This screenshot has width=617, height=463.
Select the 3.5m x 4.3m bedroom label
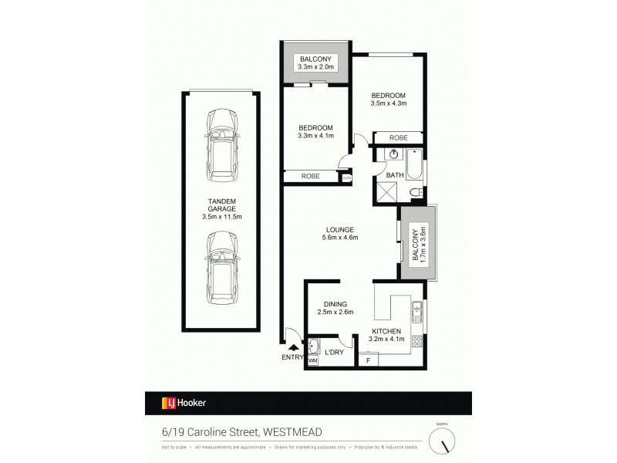coord(388,99)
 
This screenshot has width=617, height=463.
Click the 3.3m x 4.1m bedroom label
coord(315,132)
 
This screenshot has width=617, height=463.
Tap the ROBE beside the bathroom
coord(398,138)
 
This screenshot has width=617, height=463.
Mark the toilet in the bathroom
coord(415,192)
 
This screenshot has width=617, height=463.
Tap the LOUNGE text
coord(339,233)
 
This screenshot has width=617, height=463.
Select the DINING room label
coord(335,308)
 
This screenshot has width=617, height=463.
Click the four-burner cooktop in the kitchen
coord(416,340)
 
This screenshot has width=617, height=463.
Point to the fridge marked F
coord(369,360)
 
